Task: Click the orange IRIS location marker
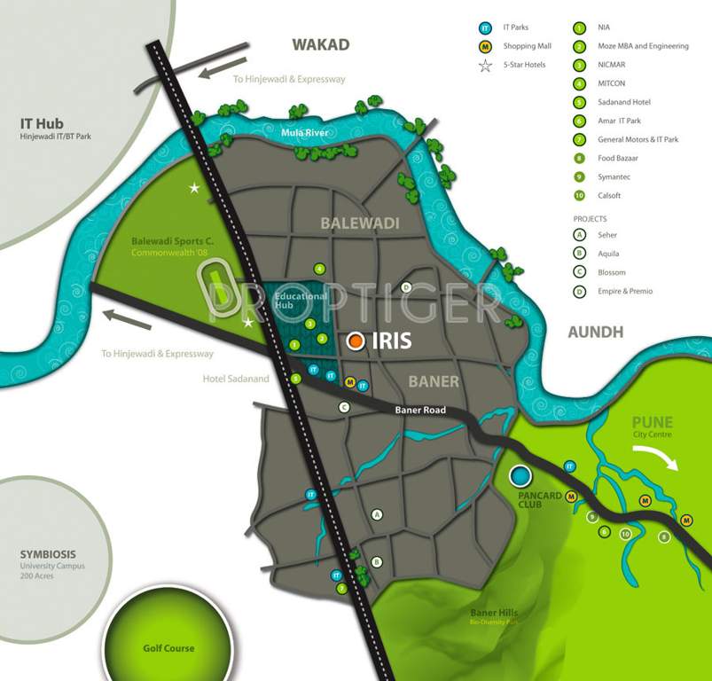coord(356,340)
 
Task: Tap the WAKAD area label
coord(321,44)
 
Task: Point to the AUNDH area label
coord(595,332)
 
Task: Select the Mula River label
coord(304,133)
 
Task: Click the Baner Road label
coord(419,410)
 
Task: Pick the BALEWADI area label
coord(360,223)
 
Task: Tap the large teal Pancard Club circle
coord(520,476)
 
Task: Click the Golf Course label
coord(168,648)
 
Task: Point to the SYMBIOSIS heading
coord(52,554)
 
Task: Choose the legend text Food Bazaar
coord(618,158)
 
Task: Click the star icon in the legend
coord(485,65)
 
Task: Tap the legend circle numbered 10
coord(580,195)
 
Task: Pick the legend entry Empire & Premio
coord(626,291)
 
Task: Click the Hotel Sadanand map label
coord(235,379)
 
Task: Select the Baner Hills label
coord(495,613)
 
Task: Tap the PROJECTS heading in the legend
coord(590,218)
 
